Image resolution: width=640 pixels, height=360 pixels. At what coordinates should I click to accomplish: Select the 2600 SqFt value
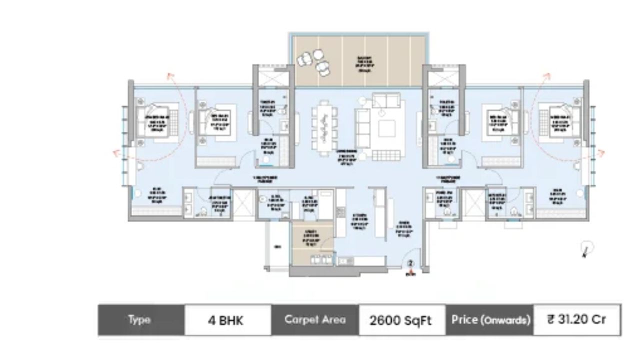tap(401, 320)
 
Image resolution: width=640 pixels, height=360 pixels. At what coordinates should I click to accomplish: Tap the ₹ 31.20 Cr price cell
tap(576, 319)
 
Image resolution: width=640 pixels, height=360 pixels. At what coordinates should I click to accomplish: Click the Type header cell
tap(140, 320)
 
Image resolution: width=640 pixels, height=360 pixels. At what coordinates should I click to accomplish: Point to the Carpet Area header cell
tap(315, 320)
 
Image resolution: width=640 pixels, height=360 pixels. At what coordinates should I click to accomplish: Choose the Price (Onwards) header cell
tap(489, 320)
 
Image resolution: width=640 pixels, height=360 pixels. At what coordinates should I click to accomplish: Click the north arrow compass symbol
tap(587, 248)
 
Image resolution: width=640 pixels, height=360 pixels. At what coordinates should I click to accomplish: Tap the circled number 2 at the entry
tap(410, 263)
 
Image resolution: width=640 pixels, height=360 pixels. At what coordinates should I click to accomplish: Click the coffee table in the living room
tap(387, 127)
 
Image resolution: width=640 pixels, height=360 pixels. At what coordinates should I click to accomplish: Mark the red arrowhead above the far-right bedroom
tap(547, 76)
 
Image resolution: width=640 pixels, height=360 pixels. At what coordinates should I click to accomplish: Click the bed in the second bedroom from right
tap(500, 120)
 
